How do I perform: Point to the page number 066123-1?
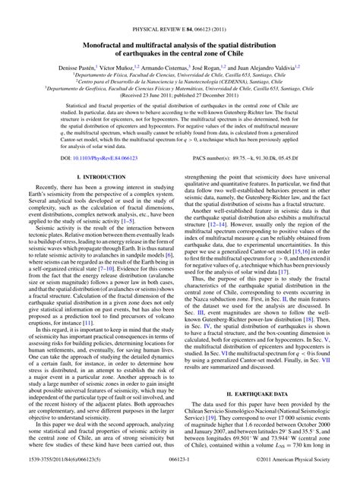point(180,470)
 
